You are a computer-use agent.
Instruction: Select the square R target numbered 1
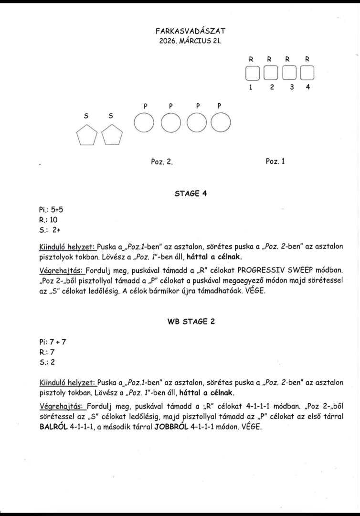pyautogui.click(x=252, y=73)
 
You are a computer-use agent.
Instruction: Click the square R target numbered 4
pyautogui.click(x=307, y=73)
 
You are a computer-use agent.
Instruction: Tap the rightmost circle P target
pyautogui.click(x=220, y=123)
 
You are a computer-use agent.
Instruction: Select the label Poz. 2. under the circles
pyautogui.click(x=161, y=161)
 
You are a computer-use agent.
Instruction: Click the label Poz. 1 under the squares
pyautogui.click(x=275, y=161)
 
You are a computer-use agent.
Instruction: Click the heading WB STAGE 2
pyautogui.click(x=191, y=321)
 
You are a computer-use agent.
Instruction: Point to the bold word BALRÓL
pyautogui.click(x=55, y=427)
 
